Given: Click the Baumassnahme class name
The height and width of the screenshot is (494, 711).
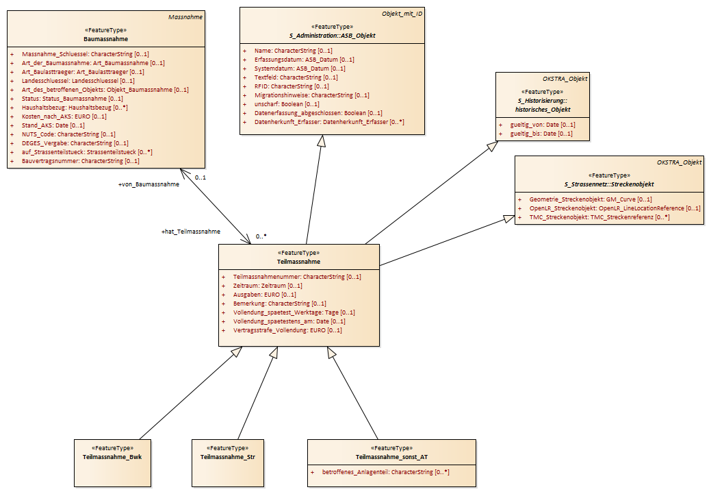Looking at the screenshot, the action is point(105,39).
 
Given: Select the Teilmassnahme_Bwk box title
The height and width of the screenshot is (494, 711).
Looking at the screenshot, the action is point(112,457).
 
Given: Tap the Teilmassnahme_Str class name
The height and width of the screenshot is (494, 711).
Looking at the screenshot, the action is point(228,457).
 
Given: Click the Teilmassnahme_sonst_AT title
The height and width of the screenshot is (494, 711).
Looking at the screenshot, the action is point(391,457).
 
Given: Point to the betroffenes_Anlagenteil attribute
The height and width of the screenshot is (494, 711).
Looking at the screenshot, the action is point(385,472).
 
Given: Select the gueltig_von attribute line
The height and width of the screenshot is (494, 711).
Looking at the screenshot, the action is point(543,125).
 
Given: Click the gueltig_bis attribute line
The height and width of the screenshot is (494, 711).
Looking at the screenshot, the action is point(541,134).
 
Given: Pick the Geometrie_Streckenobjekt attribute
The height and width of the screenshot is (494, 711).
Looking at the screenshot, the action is point(591,199).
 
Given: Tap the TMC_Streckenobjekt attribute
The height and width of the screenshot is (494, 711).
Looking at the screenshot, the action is point(599,217).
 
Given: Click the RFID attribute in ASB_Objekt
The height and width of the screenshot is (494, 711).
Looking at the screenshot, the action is point(292,86).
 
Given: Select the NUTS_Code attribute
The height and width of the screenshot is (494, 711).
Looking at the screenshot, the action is point(68,134).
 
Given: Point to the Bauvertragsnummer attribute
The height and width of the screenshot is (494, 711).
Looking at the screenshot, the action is point(80,161).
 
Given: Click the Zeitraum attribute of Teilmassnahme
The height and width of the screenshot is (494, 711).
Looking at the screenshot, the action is point(268,286).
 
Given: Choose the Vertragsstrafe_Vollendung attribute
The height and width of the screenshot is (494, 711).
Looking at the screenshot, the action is point(287,330).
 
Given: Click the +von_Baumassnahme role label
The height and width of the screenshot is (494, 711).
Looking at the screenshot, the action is point(148,184).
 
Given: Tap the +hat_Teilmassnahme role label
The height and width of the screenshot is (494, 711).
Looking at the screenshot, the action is point(191,232).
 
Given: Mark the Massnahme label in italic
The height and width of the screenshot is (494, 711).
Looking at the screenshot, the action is point(185,17).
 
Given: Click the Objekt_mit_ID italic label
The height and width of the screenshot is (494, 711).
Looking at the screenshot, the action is point(402,14).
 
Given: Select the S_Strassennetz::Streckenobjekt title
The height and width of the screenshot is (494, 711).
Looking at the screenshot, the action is point(609,184).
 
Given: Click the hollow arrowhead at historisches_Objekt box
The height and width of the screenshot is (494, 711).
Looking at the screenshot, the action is point(493,146).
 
